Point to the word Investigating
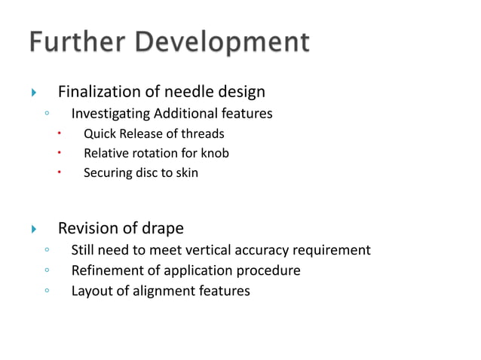coord(110,114)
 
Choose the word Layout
coord(90,290)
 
